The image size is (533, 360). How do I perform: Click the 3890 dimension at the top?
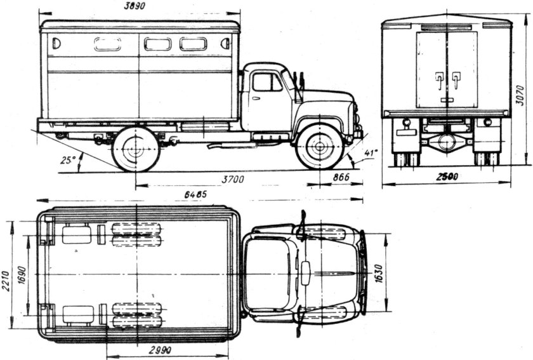[139, 6]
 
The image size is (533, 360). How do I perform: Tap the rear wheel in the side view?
[135, 150]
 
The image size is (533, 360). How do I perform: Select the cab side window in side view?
[267, 82]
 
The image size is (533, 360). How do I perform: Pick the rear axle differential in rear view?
[447, 142]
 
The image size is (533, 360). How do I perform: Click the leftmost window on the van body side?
[56, 44]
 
